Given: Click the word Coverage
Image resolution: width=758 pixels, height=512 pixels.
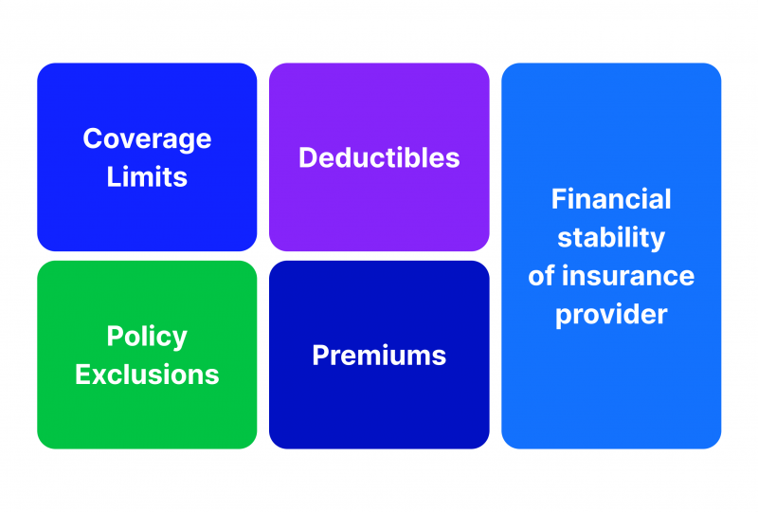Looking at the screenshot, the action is pyautogui.click(x=147, y=140).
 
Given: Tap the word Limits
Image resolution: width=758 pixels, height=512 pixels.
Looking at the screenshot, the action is pyautogui.click(x=147, y=176).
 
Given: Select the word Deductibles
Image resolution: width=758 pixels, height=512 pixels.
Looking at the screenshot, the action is pyautogui.click(x=379, y=157).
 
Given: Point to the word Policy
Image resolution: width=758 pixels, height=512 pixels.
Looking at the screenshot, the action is pyautogui.click(x=147, y=338).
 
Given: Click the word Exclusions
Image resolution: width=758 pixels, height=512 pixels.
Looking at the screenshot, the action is pyautogui.click(x=147, y=375).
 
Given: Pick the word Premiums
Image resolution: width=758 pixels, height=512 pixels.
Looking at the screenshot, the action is pyautogui.click(x=379, y=356).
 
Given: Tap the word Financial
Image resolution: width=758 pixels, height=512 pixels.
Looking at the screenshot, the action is pyautogui.click(x=611, y=199).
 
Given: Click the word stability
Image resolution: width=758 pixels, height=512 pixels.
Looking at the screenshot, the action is pyautogui.click(x=611, y=238).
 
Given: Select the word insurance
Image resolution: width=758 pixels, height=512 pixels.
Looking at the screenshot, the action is pyautogui.click(x=628, y=276).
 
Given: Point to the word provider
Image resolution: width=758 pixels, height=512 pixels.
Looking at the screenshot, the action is pyautogui.click(x=611, y=316).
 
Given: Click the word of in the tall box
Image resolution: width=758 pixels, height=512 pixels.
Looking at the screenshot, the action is pyautogui.click(x=541, y=276).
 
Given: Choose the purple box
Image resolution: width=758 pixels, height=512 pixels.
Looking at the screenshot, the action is pyautogui.click(x=379, y=156).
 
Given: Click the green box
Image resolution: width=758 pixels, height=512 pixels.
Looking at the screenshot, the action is pyautogui.click(x=147, y=355).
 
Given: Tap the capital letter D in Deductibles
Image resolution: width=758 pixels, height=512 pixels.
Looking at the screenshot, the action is pyautogui.click(x=309, y=157).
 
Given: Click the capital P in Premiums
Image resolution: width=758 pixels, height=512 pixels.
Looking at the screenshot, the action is pyautogui.click(x=320, y=356).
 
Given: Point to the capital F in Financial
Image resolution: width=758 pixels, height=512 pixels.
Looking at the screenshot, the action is pyautogui.click(x=559, y=199).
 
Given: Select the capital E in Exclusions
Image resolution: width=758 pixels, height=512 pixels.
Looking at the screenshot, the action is pyautogui.click(x=83, y=375).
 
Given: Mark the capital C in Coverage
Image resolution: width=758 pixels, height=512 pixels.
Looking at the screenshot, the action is pyautogui.click(x=93, y=138).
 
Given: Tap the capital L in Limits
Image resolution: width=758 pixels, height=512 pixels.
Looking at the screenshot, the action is pyautogui.click(x=114, y=176).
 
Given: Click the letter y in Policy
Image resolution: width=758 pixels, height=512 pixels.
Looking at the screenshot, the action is pyautogui.click(x=180, y=340).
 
